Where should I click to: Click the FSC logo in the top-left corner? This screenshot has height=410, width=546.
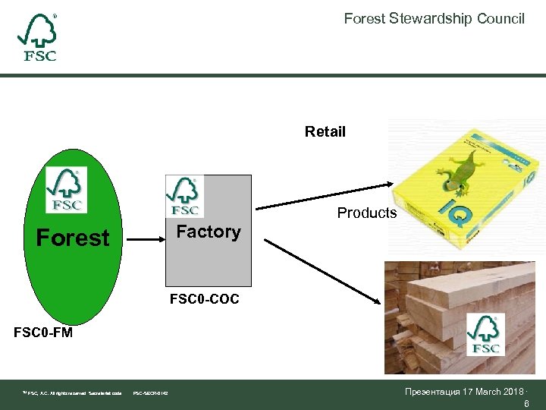[37, 38]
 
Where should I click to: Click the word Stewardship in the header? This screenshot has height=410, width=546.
[430, 18]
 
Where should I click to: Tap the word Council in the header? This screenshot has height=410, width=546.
[500, 18]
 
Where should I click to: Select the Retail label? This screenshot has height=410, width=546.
[325, 132]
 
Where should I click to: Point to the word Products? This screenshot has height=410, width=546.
[367, 213]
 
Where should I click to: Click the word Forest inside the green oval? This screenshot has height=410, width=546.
[73, 238]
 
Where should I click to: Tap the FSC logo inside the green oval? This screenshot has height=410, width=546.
[66, 191]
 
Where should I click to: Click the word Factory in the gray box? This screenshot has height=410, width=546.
[209, 232]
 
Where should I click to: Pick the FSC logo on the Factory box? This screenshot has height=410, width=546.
[184, 197]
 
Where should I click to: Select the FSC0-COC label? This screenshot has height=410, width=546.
[204, 299]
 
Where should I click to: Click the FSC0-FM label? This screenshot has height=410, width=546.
[43, 332]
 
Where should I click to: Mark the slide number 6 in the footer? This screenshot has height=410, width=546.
[526, 405]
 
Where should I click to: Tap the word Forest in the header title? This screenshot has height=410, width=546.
[365, 18]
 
